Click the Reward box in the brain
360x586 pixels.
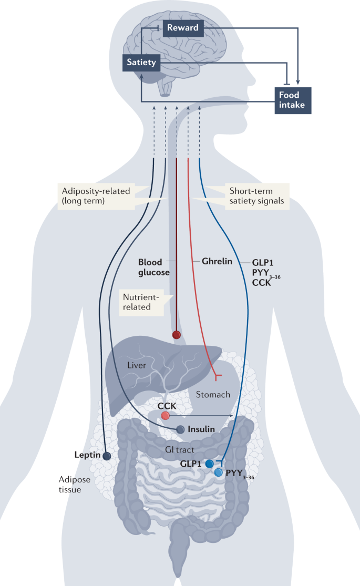coord(183,28)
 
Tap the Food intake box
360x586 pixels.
coord(293,100)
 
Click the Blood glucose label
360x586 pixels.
coord(153,267)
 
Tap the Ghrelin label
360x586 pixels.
coord(217,261)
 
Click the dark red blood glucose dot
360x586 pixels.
coord(177,334)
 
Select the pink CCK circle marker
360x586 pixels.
coord(166,416)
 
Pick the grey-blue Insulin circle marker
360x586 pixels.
coord(180,429)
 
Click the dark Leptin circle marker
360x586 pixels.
coord(107,456)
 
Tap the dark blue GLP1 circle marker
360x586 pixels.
coord(209,464)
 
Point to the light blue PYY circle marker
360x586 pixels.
coord(218,472)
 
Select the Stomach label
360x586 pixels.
coord(213,394)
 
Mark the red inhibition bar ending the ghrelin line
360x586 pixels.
coord(217,376)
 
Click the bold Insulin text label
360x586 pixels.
coord(201,429)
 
